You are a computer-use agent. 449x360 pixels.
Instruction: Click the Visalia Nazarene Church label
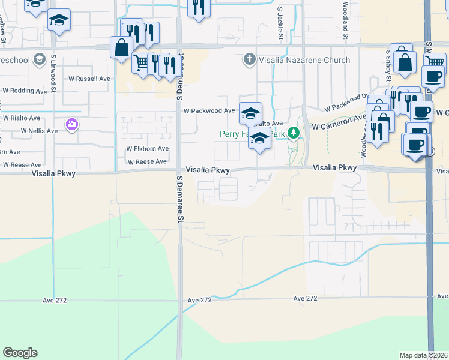pos(304,60)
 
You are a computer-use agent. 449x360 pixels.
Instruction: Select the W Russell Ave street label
pos(89,79)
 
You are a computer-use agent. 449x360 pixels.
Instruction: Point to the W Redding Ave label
pos(25,91)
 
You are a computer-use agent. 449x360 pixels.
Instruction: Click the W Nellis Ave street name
pos(39,130)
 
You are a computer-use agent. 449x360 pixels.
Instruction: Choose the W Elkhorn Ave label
pos(147,149)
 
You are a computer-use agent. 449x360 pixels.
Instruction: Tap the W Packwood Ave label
pos(209,111)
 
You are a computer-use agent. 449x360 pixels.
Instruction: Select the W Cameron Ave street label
pos(339,122)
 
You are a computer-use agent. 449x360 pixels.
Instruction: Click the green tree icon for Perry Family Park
pos(294,133)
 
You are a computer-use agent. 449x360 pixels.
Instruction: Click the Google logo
pos(20,352)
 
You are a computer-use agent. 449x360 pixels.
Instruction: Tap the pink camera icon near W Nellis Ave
pos(72,124)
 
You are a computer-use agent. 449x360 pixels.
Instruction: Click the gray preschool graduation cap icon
pos(40,59)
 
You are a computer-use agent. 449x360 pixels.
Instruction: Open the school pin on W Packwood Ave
pos(250,112)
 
